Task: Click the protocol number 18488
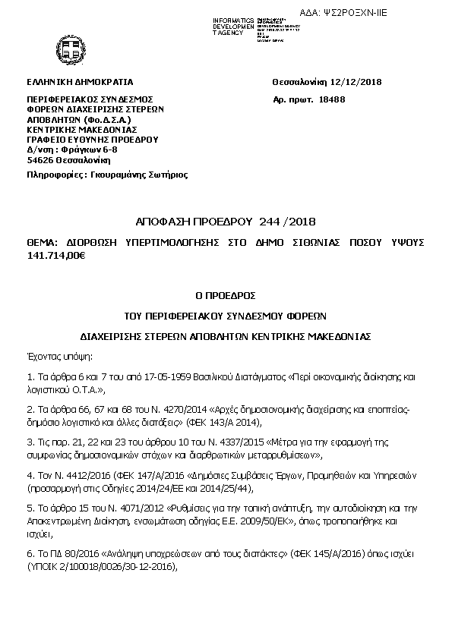[333, 99]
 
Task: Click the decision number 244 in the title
[270, 222]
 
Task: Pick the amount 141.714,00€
[55, 256]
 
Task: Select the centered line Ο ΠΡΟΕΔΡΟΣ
[226, 294]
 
